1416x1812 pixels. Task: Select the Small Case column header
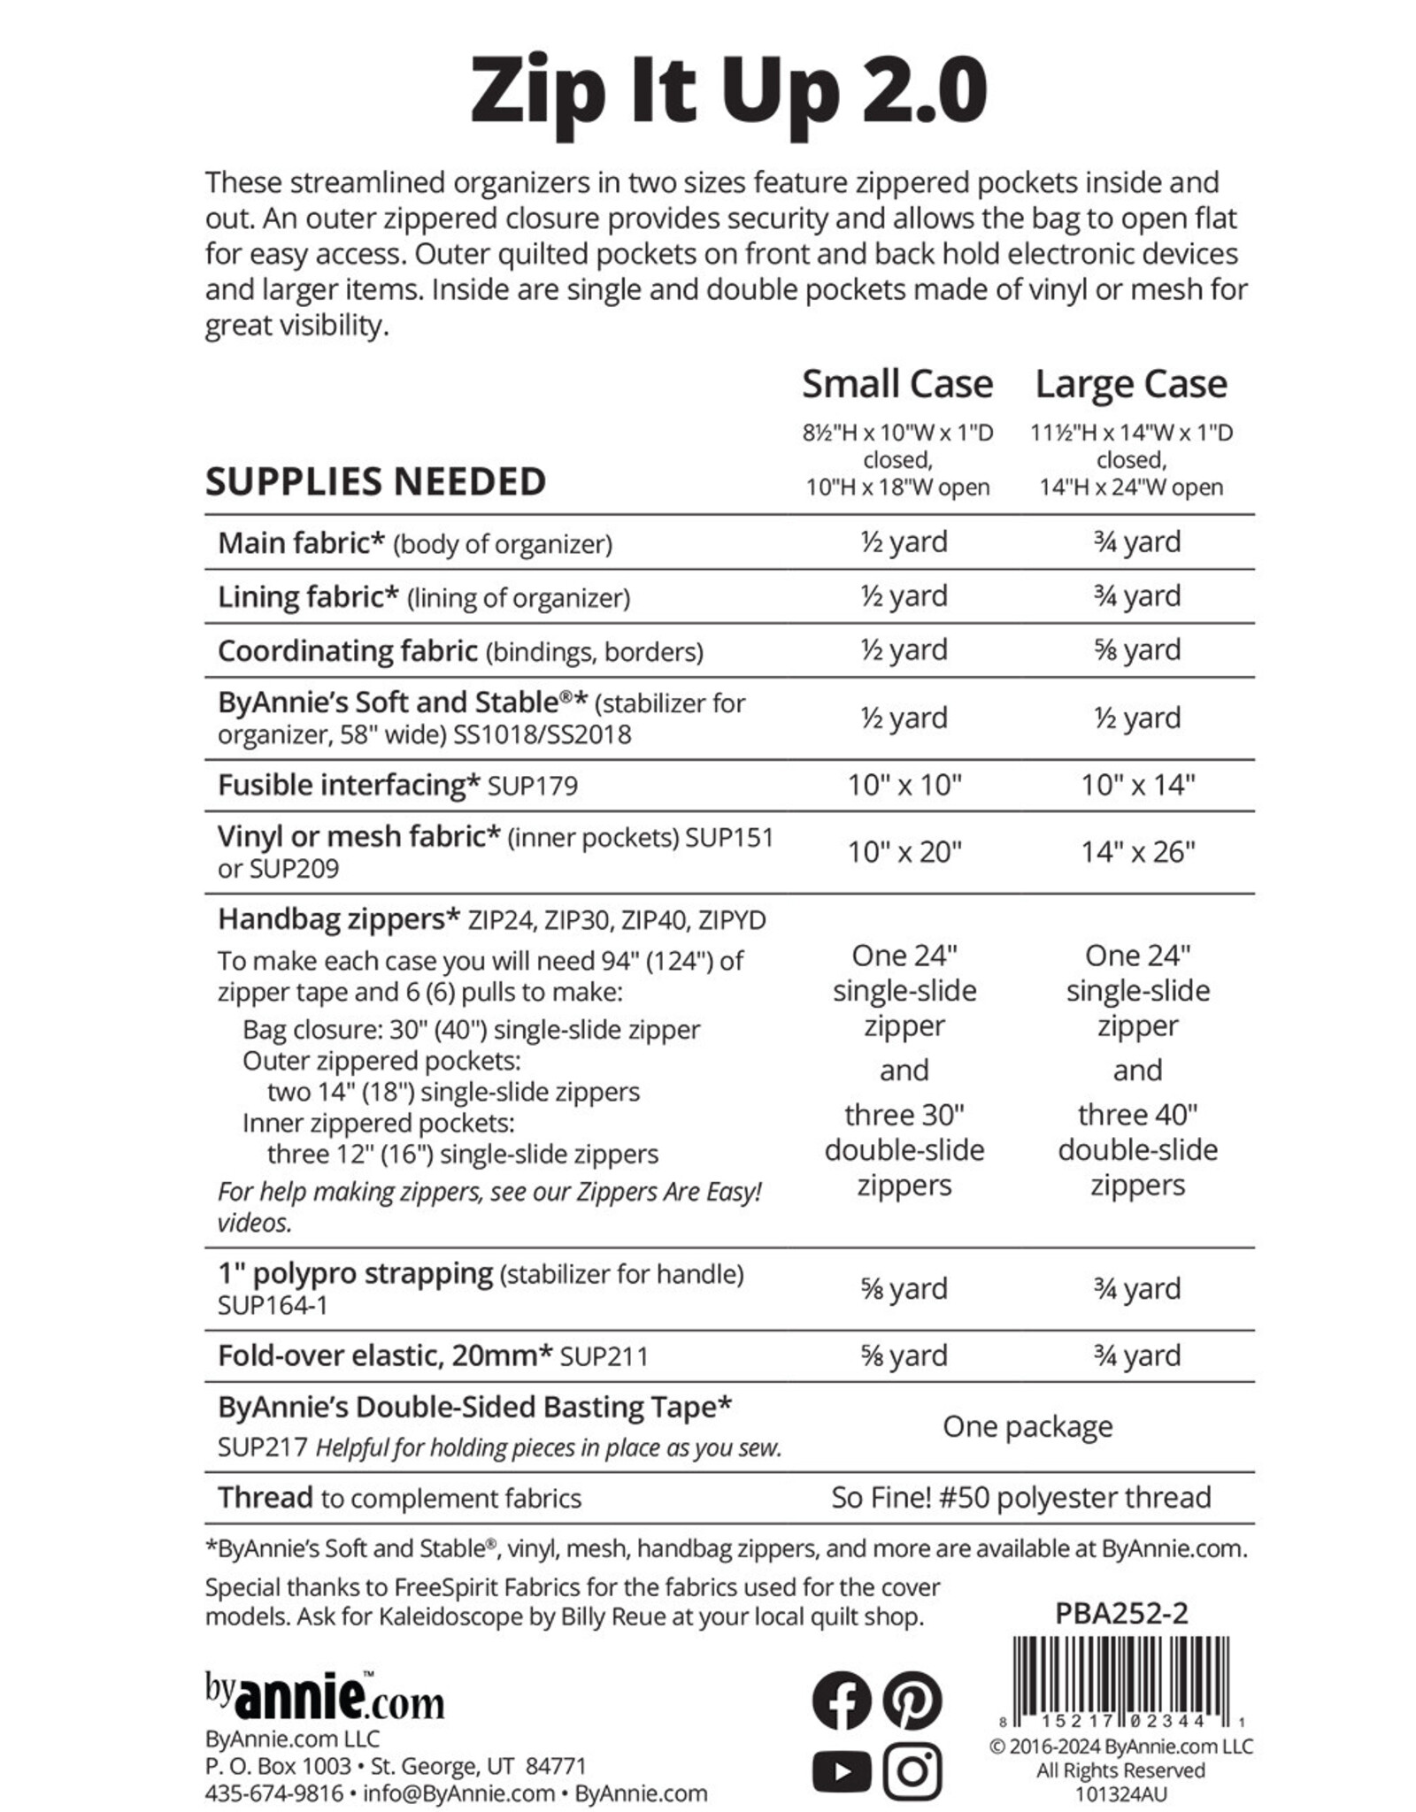[x=897, y=384]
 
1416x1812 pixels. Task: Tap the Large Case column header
[x=1131, y=384]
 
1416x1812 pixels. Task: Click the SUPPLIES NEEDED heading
[x=375, y=482]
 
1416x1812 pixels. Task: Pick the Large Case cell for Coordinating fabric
[x=1137, y=649]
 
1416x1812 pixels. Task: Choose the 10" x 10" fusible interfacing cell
[x=904, y=785]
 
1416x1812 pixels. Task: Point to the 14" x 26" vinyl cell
[x=1137, y=852]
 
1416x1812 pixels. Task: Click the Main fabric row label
[x=301, y=542]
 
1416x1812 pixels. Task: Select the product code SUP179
[x=533, y=786]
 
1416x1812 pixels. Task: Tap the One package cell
[x=1027, y=1426]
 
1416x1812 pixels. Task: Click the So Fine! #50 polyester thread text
[x=1020, y=1497]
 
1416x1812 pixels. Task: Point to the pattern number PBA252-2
[x=1121, y=1614]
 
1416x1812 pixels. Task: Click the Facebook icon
[x=841, y=1701]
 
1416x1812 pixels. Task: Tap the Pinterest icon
[x=912, y=1701]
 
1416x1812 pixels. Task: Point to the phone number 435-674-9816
[x=273, y=1793]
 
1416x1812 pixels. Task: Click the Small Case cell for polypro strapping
[x=904, y=1288]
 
